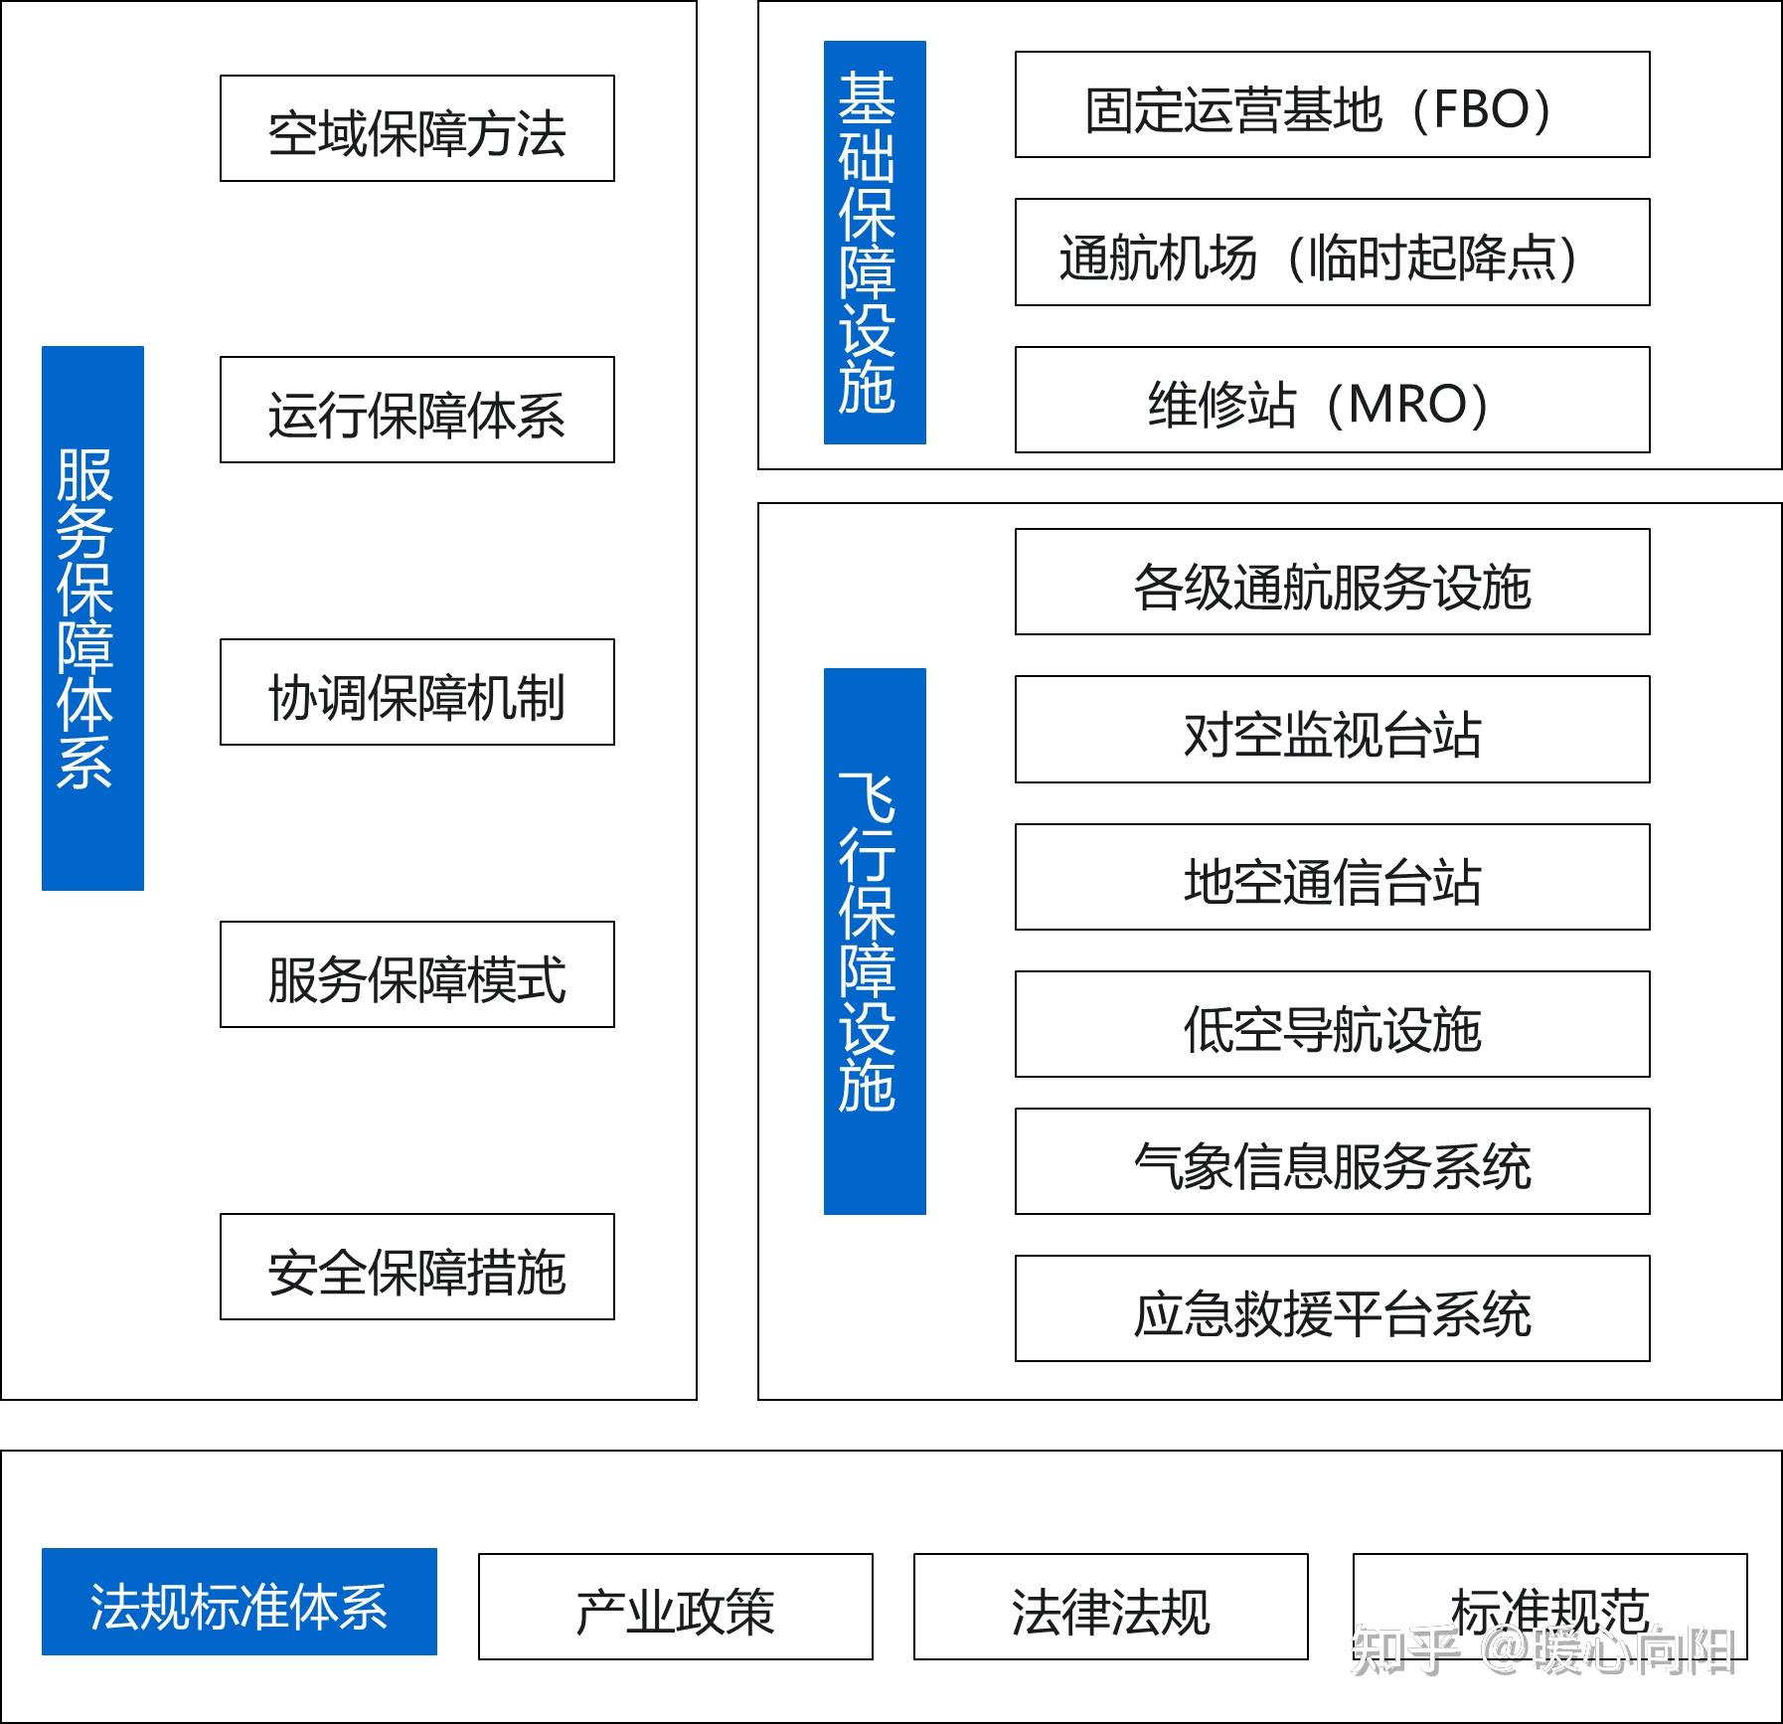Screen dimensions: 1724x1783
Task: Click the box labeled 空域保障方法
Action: pyautogui.click(x=416, y=129)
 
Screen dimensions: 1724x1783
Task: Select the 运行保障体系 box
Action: pyautogui.click(x=416, y=411)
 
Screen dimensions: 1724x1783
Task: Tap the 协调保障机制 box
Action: pyautogui.click(x=416, y=693)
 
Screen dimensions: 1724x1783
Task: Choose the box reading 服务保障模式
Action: pyautogui.click(x=416, y=975)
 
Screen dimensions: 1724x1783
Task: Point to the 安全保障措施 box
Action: pyautogui.click(x=416, y=1268)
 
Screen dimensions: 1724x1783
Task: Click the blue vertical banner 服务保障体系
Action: pyautogui.click(x=92, y=618)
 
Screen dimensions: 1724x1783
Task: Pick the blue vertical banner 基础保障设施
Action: pyautogui.click(x=875, y=243)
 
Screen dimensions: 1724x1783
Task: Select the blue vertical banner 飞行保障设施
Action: pyautogui.click(x=875, y=942)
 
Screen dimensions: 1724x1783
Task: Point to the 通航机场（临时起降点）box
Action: pyautogui.click(x=1332, y=254)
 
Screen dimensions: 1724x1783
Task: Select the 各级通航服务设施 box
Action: pyautogui.click(x=1332, y=583)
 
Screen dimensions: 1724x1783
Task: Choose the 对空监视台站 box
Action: pyautogui.click(x=1332, y=731)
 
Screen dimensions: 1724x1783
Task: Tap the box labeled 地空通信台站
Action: pyautogui.click(x=1332, y=878)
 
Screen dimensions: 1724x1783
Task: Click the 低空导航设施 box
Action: pyautogui.click(x=1332, y=1025)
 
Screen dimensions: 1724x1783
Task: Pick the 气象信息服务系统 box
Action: pyautogui.click(x=1332, y=1162)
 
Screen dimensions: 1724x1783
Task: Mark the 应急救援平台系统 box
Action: pyautogui.click(x=1332, y=1309)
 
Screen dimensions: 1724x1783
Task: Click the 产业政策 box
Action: pyautogui.click(x=675, y=1608)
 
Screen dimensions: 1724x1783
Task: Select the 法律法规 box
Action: pyautogui.click(x=1110, y=1608)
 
